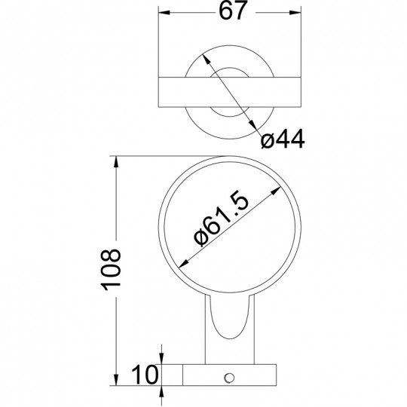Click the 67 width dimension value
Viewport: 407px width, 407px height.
click(232, 11)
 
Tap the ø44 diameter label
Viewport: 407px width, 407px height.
click(283, 139)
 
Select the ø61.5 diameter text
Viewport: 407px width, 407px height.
click(222, 219)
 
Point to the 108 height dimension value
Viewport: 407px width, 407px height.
click(111, 269)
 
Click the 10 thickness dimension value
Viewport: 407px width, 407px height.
click(145, 375)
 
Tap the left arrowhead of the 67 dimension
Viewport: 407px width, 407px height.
click(164, 12)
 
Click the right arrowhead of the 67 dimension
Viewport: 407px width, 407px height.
click(295, 12)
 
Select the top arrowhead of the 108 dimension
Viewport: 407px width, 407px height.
click(116, 162)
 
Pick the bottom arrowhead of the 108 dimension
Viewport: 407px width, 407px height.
click(116, 380)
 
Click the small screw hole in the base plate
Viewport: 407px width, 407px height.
click(229, 378)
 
